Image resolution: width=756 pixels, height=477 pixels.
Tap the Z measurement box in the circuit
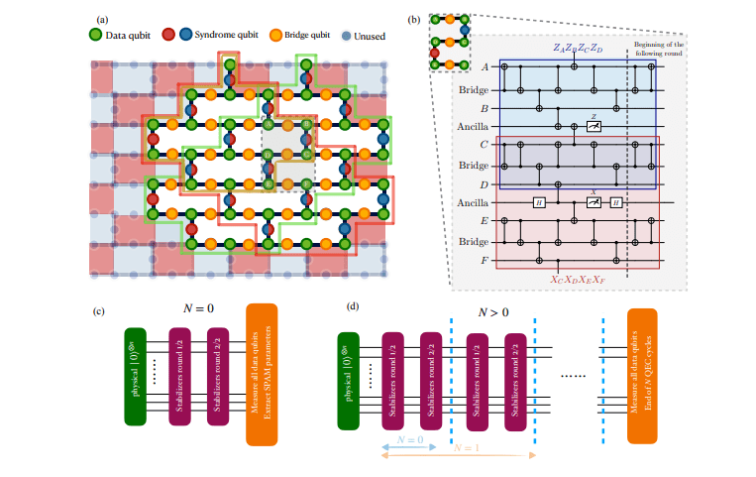click(x=592, y=125)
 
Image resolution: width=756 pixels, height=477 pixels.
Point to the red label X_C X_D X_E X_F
click(x=573, y=281)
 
